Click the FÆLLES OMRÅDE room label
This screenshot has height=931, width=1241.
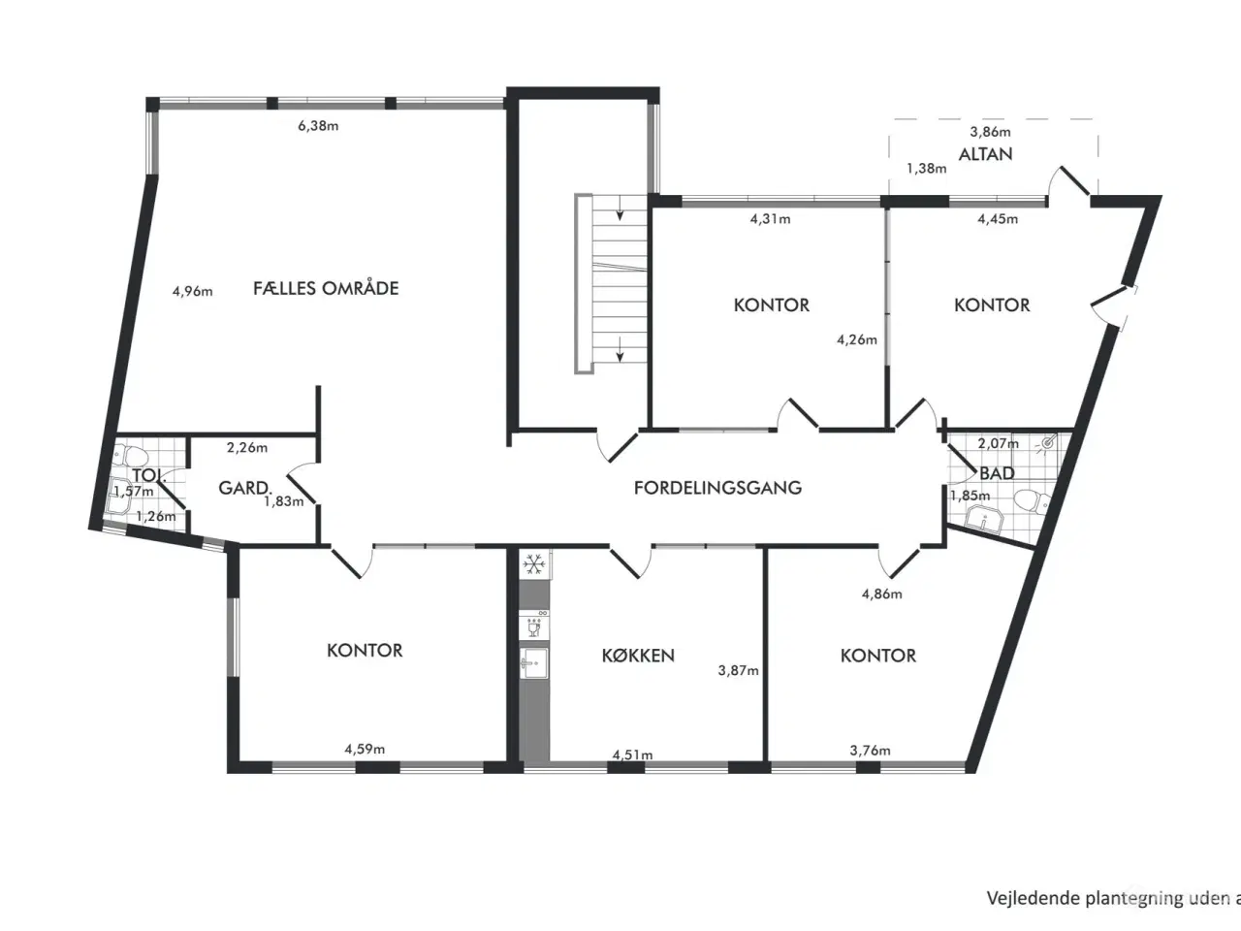(326, 287)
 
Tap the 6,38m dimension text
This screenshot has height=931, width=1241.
(318, 125)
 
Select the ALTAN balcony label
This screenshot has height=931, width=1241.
(985, 154)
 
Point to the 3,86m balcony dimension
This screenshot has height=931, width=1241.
(991, 132)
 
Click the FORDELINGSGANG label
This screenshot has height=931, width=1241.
(717, 487)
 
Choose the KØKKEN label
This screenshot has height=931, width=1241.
(638, 656)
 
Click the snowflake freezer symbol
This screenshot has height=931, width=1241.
(533, 563)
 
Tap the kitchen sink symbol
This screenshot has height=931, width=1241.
(533, 663)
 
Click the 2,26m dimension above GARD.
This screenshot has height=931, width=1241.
(247, 448)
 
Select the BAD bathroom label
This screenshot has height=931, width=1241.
(998, 473)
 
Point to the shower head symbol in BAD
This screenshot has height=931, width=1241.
(1048, 444)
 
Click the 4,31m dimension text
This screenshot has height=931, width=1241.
(770, 219)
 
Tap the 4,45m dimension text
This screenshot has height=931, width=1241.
(998, 219)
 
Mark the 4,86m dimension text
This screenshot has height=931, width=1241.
(882, 594)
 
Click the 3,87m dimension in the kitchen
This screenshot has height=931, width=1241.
(739, 670)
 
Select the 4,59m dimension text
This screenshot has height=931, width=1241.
(365, 749)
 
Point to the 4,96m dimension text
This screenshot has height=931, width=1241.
(192, 291)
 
